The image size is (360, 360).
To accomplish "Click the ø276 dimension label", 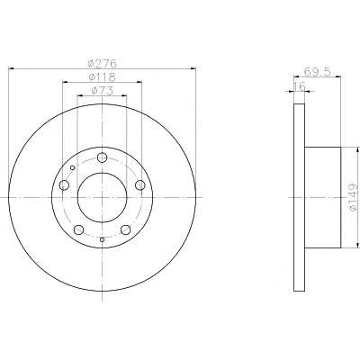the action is click(102, 64).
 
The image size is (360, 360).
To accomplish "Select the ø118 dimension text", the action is click(102, 77).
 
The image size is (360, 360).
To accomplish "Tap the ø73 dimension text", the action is click(102, 91).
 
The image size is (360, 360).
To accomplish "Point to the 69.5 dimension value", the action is click(317, 72).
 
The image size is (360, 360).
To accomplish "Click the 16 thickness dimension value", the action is click(299, 86).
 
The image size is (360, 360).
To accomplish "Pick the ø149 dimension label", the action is click(354, 197).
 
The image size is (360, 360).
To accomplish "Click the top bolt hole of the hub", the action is click(103, 157).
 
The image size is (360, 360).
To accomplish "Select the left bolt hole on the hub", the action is click(64, 185).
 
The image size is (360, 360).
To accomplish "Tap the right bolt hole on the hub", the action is click(140, 185).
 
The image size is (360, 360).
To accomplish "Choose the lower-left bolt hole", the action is click(78, 229).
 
